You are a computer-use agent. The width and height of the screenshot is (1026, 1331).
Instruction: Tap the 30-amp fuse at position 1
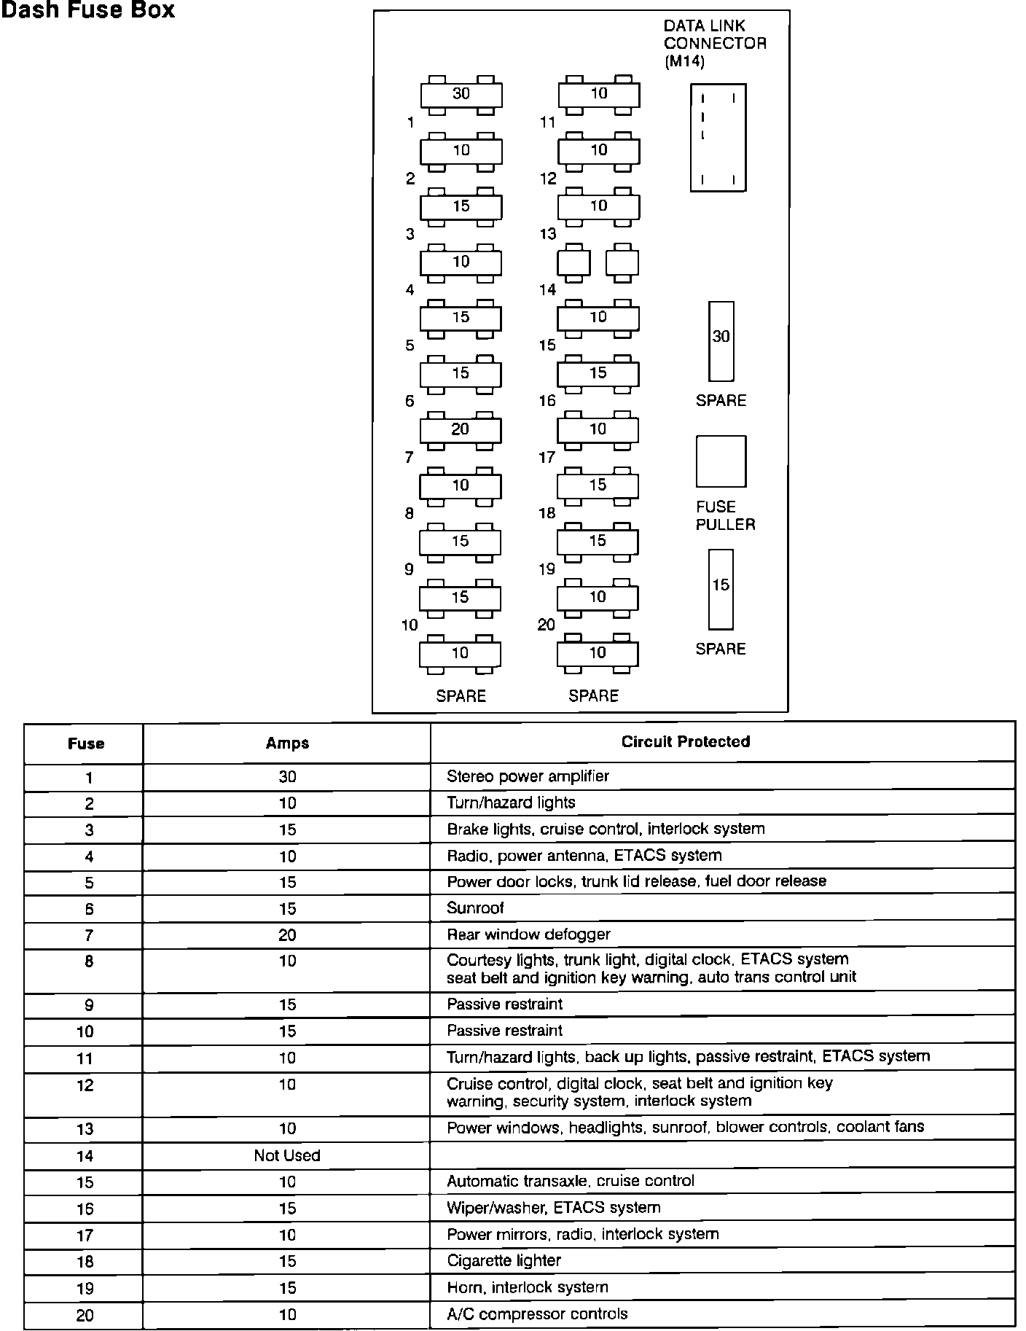point(461,95)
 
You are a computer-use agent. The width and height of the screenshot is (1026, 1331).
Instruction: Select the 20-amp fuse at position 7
point(461,430)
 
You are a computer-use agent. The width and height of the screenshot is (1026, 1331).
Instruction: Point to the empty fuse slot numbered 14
point(598,262)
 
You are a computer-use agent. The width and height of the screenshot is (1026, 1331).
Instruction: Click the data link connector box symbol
point(718,138)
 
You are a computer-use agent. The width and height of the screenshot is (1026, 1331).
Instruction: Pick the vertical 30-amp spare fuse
point(721,340)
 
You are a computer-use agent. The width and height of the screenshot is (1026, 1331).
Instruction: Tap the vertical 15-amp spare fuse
point(721,589)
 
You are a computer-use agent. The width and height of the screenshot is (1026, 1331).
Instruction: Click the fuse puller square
point(721,461)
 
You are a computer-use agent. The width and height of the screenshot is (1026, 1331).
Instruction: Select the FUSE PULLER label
point(725,515)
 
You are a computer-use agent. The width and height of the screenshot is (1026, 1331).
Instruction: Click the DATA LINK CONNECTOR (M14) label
point(714,44)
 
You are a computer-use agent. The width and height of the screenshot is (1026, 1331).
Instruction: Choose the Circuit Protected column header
point(685,742)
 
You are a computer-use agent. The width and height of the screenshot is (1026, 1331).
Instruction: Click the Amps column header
point(287,743)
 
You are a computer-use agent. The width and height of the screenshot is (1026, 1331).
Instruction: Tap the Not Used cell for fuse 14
point(287,1155)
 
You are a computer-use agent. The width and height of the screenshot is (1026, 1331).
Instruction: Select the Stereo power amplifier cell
point(528,776)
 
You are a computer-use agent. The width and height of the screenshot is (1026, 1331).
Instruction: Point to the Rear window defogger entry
point(528,934)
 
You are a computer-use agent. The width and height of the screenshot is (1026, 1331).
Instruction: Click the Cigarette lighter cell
point(504,1260)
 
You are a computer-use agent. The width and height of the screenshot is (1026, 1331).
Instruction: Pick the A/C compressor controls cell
point(537,1314)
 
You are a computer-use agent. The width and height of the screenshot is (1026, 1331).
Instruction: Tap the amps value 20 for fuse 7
point(287,935)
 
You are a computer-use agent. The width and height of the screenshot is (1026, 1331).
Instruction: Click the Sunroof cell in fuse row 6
point(475,908)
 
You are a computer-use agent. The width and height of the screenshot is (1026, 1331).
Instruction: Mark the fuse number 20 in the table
point(85,1315)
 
